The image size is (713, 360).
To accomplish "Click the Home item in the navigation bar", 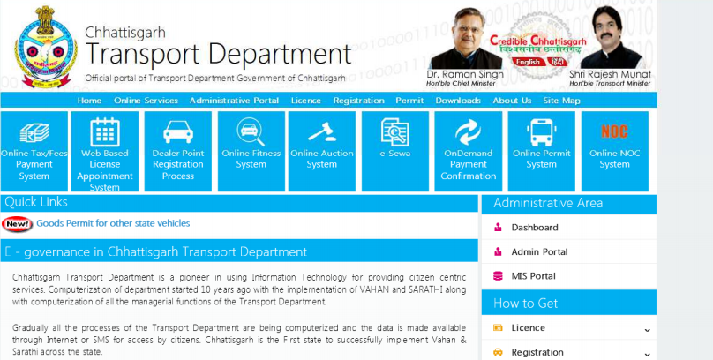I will pos(89,101).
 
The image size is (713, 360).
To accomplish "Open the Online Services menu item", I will pos(146,101).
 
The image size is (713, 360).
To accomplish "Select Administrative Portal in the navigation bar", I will pos(234,101).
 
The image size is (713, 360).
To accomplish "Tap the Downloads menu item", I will pos(458,101).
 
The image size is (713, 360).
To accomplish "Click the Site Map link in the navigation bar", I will pos(561,101).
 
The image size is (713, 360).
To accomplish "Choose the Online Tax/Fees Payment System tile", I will pos(34,151).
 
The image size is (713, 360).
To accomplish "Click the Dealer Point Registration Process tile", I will pos(178,151).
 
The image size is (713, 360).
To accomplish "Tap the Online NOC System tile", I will pos(614,151).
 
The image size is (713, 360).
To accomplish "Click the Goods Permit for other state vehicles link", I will pos(113,224).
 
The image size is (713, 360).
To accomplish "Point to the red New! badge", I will pos(17,224).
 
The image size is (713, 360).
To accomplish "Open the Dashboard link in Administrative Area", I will pos(535,228).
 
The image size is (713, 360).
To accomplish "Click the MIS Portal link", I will pos(533,276).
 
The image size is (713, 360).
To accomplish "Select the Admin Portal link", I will pos(539,252).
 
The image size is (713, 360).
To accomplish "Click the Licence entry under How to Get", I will pos(528,328).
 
